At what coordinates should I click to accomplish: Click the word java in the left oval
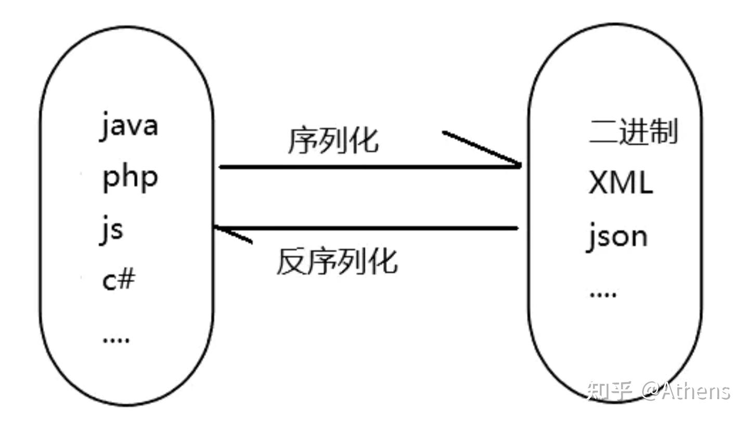click(x=129, y=126)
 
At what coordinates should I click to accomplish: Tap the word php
click(x=130, y=179)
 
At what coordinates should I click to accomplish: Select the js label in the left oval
click(x=111, y=230)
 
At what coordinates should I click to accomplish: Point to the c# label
click(x=119, y=280)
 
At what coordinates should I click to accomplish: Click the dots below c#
click(x=116, y=340)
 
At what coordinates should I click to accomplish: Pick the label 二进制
click(x=633, y=131)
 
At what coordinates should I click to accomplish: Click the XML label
click(x=621, y=182)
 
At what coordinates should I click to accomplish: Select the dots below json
click(x=602, y=294)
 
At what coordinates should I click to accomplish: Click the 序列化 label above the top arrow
click(x=333, y=140)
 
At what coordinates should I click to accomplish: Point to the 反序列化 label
click(x=337, y=261)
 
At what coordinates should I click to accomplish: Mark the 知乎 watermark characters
click(x=609, y=390)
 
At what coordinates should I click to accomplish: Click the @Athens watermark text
click(x=686, y=390)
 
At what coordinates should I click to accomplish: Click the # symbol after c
click(x=127, y=280)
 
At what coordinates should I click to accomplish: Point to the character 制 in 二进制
click(x=664, y=131)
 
